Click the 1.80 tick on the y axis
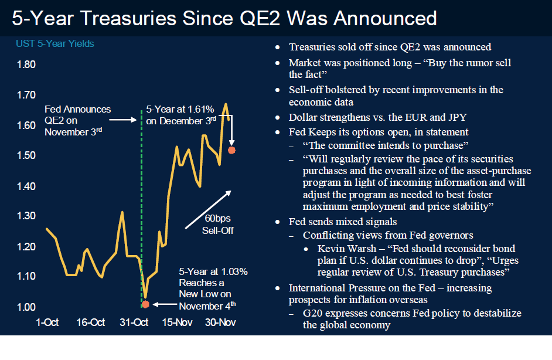pyautogui.click(x=25, y=64)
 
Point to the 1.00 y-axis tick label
pyautogui.click(x=25, y=307)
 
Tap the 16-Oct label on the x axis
pyautogui.click(x=91, y=322)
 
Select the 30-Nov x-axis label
pyautogui.click(x=220, y=322)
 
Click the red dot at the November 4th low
pyautogui.click(x=145, y=304)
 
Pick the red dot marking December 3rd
pyautogui.click(x=231, y=151)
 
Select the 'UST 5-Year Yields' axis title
pyautogui.click(x=54, y=44)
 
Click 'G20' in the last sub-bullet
pyautogui.click(x=315, y=314)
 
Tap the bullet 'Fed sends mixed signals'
pyautogui.click(x=343, y=222)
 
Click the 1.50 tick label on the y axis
pyautogui.click(x=25, y=155)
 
